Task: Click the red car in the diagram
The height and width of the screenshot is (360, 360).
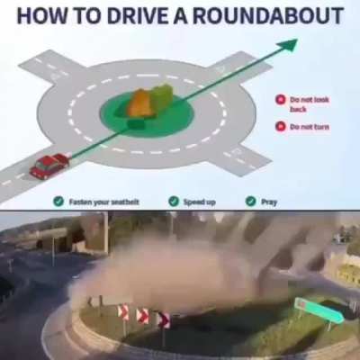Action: [49, 166]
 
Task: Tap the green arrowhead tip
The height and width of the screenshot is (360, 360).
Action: [297, 40]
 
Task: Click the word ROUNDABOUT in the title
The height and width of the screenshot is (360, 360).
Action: [268, 15]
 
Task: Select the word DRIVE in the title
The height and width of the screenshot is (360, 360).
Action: [138, 15]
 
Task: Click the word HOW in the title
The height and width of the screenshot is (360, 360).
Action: [41, 15]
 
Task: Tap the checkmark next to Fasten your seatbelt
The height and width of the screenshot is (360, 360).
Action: [58, 202]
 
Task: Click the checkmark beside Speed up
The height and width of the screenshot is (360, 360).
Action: [174, 202]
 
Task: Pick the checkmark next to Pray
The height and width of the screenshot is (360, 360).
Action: [251, 201]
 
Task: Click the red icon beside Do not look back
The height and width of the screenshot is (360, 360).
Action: [281, 100]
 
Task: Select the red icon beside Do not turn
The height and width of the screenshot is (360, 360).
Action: [281, 126]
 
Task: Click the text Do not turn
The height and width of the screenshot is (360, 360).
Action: [310, 127]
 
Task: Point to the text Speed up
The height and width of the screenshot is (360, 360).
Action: [200, 202]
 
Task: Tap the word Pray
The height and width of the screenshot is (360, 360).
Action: [269, 202]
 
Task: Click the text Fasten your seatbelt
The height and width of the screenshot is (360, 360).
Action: [104, 202]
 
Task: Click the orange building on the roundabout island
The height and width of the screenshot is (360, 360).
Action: [140, 103]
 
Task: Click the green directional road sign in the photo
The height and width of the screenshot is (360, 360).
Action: [319, 310]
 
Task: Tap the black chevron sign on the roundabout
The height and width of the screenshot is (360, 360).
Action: [164, 320]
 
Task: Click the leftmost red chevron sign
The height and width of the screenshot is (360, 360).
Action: [123, 311]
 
